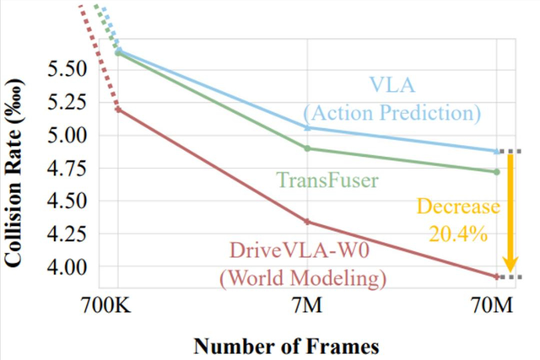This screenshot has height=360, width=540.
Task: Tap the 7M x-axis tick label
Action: click(x=307, y=309)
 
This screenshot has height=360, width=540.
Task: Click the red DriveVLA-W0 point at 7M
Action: click(x=307, y=222)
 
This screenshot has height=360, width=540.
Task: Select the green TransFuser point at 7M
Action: click(x=307, y=148)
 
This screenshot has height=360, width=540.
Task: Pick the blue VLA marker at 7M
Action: click(x=307, y=127)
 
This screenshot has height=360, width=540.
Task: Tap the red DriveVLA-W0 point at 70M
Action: click(x=497, y=277)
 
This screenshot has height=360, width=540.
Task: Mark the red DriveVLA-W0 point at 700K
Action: click(x=118, y=110)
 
